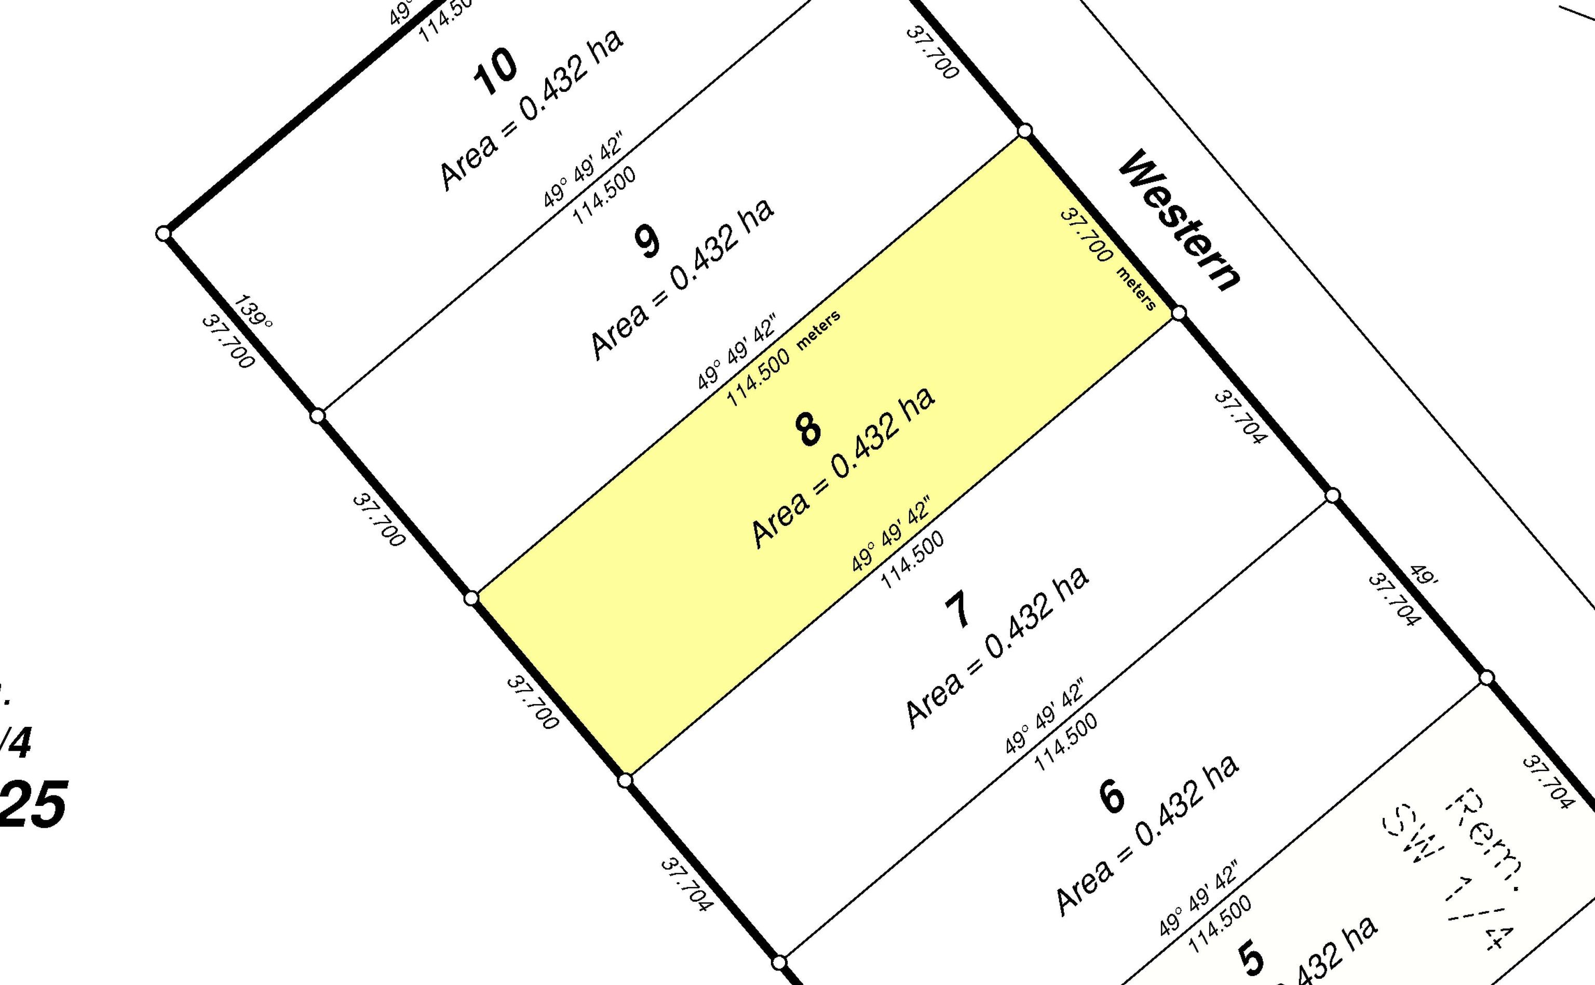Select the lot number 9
click(647, 241)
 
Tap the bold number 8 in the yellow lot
click(808, 430)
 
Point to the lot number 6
click(1111, 795)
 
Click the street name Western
click(1179, 221)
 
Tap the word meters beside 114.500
click(819, 330)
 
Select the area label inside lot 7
click(997, 647)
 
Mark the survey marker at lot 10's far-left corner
click(164, 233)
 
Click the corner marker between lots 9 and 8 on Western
click(1024, 131)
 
